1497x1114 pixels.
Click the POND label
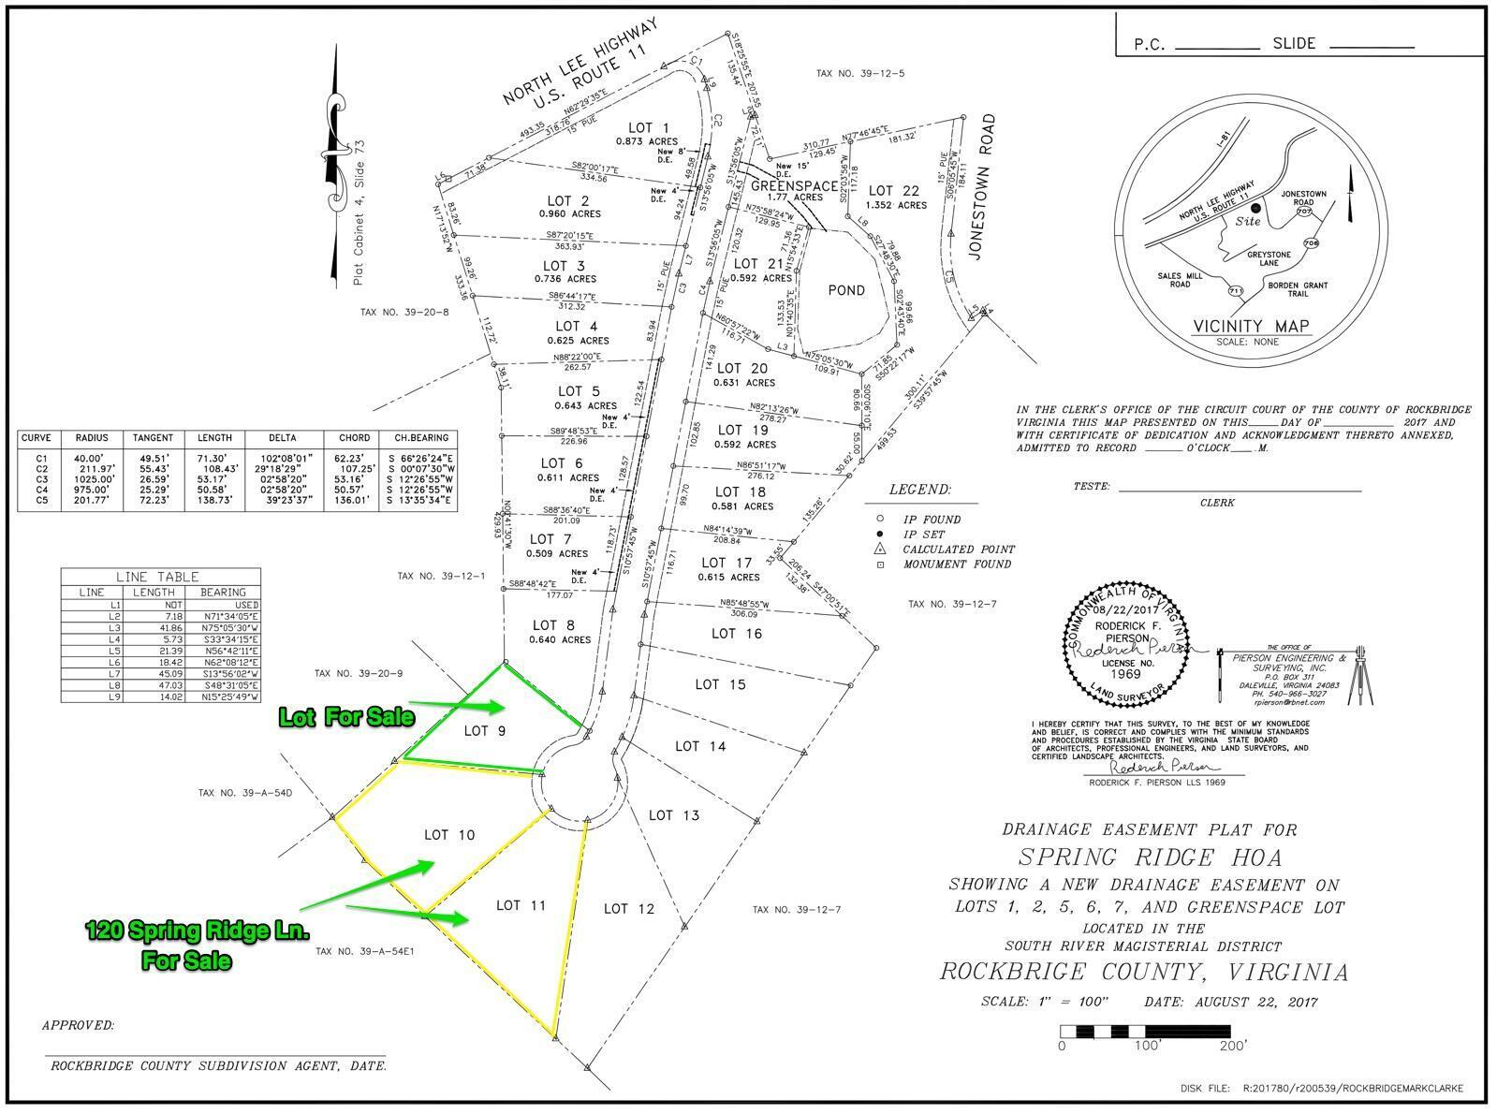pyautogui.click(x=845, y=290)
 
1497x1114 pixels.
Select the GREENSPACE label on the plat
pyautogui.click(x=795, y=186)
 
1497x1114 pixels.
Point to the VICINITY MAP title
pyautogui.click(x=1251, y=327)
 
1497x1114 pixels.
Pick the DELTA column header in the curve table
pyautogui.click(x=282, y=437)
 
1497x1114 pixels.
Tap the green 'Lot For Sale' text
pyautogui.click(x=346, y=717)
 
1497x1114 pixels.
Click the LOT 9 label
pyautogui.click(x=485, y=730)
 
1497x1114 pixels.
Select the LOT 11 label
pyautogui.click(x=521, y=905)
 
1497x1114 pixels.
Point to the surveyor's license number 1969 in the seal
pyautogui.click(x=1126, y=673)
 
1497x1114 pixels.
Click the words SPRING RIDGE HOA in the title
pyautogui.click(x=1137, y=857)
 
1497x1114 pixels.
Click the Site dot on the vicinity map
pyautogui.click(x=1255, y=207)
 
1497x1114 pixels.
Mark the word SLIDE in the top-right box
pyautogui.click(x=1294, y=43)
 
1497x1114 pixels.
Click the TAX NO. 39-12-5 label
pyautogui.click(x=859, y=73)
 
